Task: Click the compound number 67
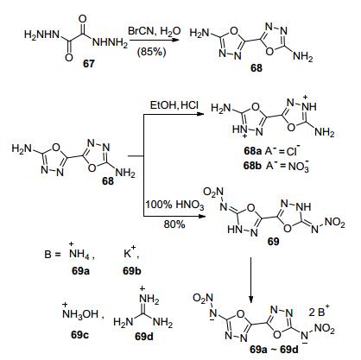point(89,63)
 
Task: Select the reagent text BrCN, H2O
point(155,31)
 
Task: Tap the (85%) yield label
point(152,52)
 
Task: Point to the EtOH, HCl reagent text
point(174,105)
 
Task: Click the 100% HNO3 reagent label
point(174,205)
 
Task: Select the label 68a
point(252,151)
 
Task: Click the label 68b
point(252,166)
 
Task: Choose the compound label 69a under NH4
point(80,271)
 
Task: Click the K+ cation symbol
point(130,253)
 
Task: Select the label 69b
point(132,271)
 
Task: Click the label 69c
point(79,335)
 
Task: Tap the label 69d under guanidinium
point(144,336)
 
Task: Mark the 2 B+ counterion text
point(319,312)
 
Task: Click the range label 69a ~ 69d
point(274,350)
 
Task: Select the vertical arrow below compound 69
point(250,280)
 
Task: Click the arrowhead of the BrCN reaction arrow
point(175,41)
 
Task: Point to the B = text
point(53,255)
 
